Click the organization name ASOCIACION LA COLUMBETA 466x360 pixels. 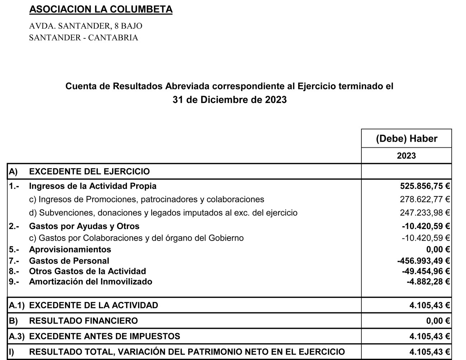(101, 9)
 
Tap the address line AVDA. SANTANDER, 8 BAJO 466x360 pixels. (86, 26)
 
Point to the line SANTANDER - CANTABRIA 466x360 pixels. (84, 38)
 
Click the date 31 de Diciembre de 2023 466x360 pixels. (229, 100)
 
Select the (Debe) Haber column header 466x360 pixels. (406, 139)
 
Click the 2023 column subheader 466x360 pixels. (406, 156)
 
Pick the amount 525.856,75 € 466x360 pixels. (425, 186)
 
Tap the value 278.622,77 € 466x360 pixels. (425, 199)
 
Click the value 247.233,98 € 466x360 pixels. (425, 213)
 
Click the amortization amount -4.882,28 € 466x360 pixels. (428, 282)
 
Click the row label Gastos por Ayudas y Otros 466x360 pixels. (84, 226)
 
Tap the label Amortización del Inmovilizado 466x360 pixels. (90, 282)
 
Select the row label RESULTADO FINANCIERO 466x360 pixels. (83, 321)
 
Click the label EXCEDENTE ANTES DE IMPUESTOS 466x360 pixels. (104, 336)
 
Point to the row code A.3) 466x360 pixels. (16, 336)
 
